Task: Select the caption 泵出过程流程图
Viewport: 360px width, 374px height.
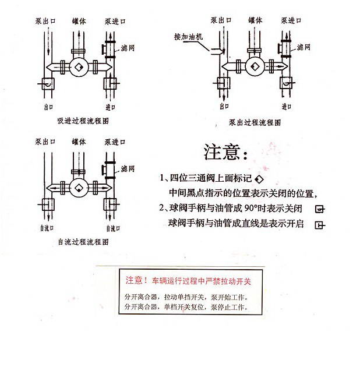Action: (255, 123)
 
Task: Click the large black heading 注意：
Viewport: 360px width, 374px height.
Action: (226, 153)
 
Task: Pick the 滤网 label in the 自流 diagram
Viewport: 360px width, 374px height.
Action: (128, 168)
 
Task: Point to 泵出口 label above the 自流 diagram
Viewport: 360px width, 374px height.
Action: (45, 142)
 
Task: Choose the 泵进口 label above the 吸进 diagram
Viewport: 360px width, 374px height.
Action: (115, 21)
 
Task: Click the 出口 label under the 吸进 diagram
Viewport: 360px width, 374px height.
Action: (48, 107)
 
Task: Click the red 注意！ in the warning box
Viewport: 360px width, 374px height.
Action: (137, 280)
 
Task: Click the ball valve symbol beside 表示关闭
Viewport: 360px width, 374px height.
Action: (319, 209)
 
